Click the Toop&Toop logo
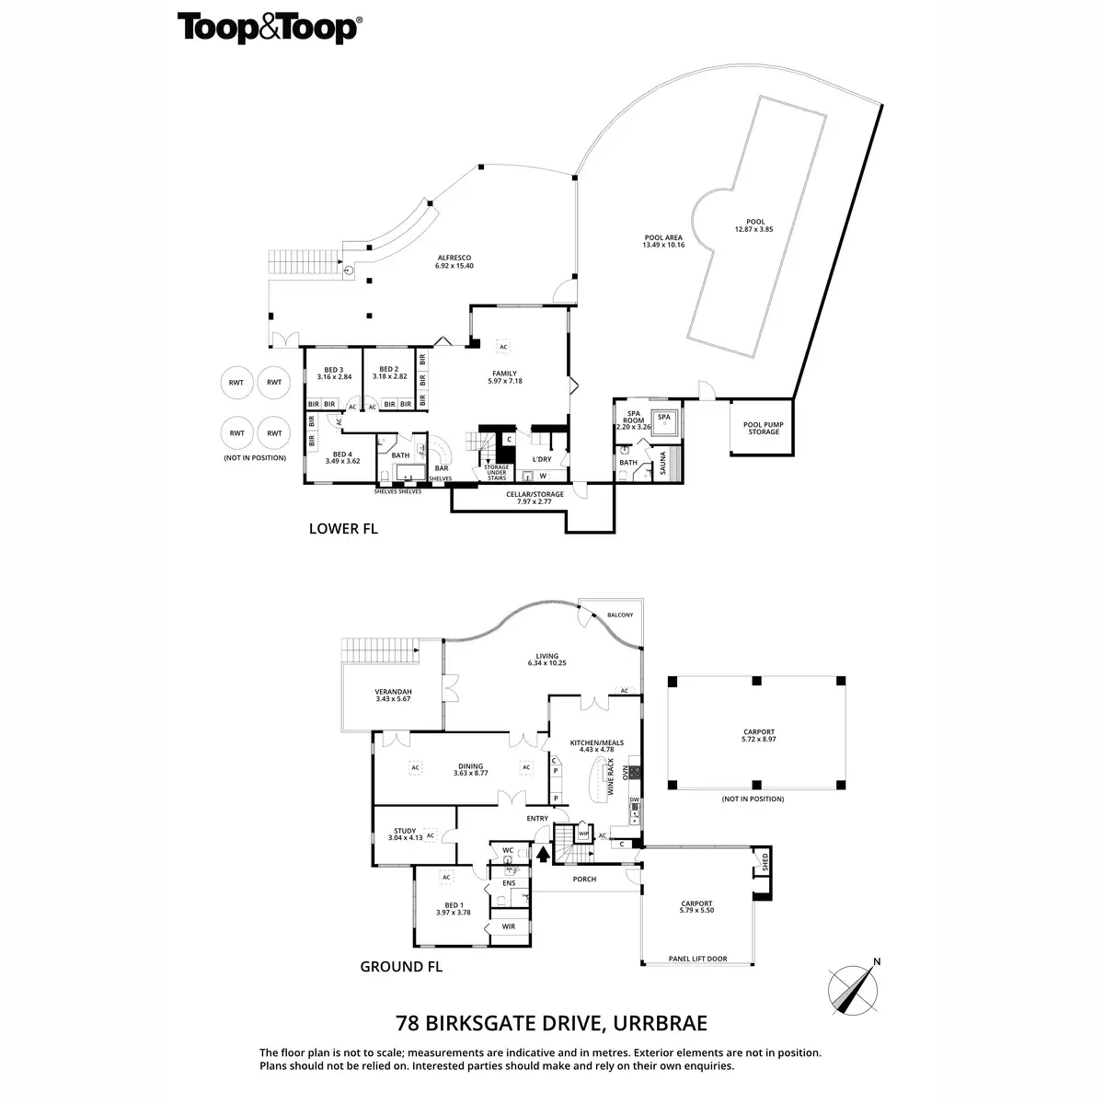click(268, 28)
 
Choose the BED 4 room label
click(342, 457)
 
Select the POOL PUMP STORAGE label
click(761, 428)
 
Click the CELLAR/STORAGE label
click(534, 498)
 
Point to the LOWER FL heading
click(343, 529)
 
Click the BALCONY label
click(621, 615)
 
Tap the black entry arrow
click(543, 854)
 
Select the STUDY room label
click(406, 834)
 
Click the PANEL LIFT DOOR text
click(697, 959)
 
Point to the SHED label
click(765, 865)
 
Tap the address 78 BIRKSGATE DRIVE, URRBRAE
click(551, 1023)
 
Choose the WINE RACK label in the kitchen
click(610, 776)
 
